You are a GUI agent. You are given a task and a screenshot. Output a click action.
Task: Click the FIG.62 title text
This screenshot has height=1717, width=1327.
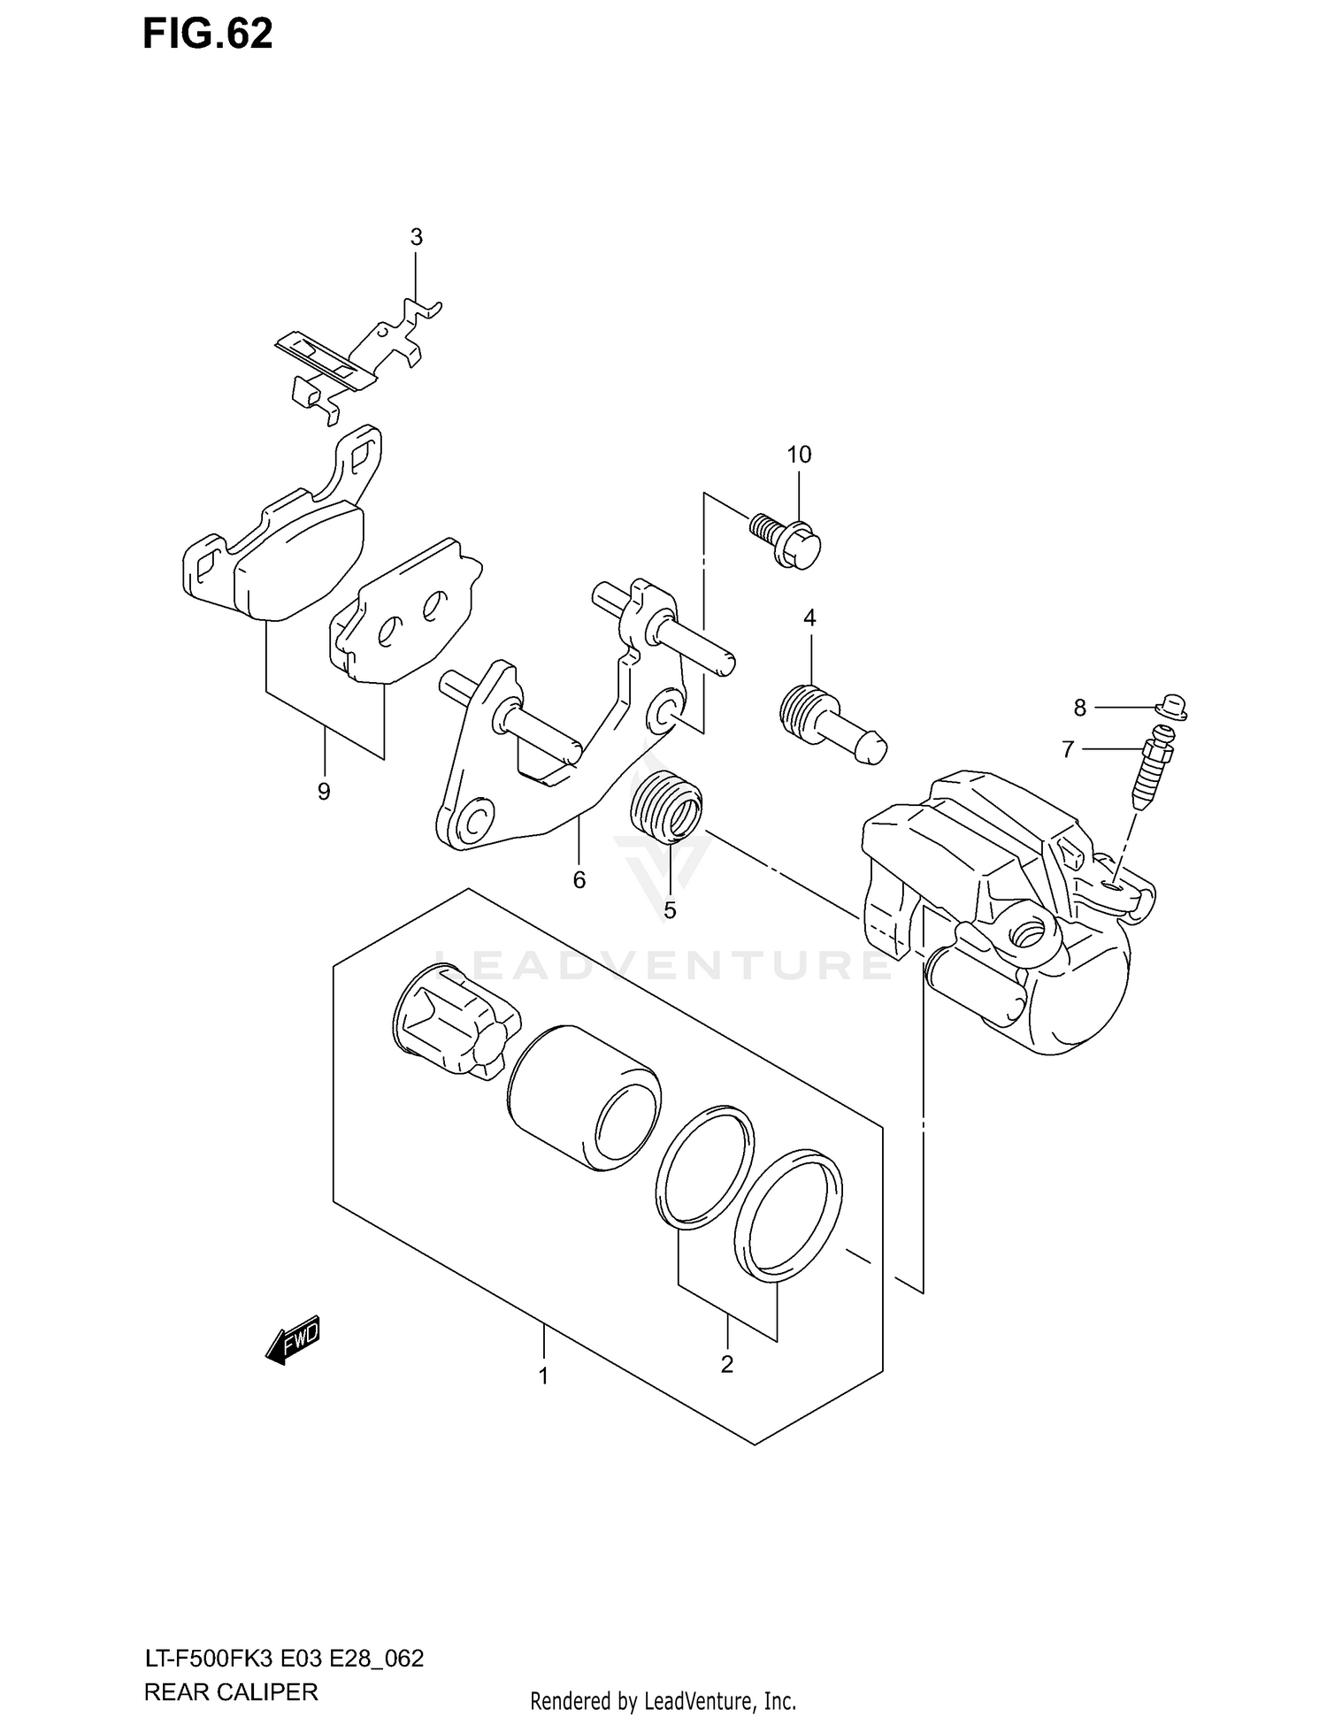point(209,35)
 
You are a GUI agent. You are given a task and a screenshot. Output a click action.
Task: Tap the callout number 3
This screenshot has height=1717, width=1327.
point(416,237)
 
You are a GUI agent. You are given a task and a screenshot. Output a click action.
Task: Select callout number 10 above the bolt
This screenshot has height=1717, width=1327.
point(799,455)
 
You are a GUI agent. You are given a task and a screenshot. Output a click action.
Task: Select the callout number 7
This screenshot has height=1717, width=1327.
point(1068,750)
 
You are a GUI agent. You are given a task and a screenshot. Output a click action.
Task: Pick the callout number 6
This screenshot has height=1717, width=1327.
point(579,880)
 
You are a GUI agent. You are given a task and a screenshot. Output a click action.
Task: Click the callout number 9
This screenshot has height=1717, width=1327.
point(324,792)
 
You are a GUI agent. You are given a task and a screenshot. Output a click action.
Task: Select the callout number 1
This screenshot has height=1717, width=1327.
point(544,1376)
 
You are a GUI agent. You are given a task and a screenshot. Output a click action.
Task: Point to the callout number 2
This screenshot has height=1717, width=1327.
point(726,1365)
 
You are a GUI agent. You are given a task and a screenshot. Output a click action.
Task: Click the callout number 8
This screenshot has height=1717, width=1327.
point(1079,708)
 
